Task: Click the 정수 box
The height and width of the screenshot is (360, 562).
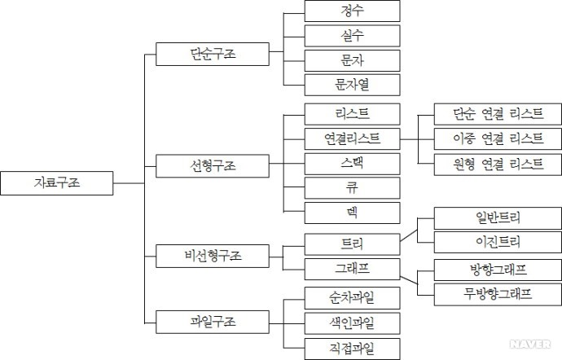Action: pyautogui.click(x=352, y=11)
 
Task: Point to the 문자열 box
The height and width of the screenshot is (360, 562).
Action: pyautogui.click(x=352, y=84)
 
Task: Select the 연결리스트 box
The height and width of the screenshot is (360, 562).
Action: pyautogui.click(x=352, y=138)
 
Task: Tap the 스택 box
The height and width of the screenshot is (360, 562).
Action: pyautogui.click(x=352, y=163)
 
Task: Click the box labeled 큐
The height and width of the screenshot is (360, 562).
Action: pyautogui.click(x=352, y=188)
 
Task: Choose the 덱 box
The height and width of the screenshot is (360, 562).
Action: pyautogui.click(x=352, y=213)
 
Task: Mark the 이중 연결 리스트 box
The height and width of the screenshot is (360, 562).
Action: pyautogui.click(x=487, y=138)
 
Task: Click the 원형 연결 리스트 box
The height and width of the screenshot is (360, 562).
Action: pyautogui.click(x=487, y=164)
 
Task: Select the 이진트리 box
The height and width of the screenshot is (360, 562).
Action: pyautogui.click(x=497, y=242)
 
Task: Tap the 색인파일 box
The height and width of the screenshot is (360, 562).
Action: pyautogui.click(x=352, y=323)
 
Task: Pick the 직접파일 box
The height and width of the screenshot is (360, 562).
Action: pyautogui.click(x=352, y=349)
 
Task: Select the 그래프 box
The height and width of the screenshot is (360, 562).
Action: pyautogui.click(x=352, y=268)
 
